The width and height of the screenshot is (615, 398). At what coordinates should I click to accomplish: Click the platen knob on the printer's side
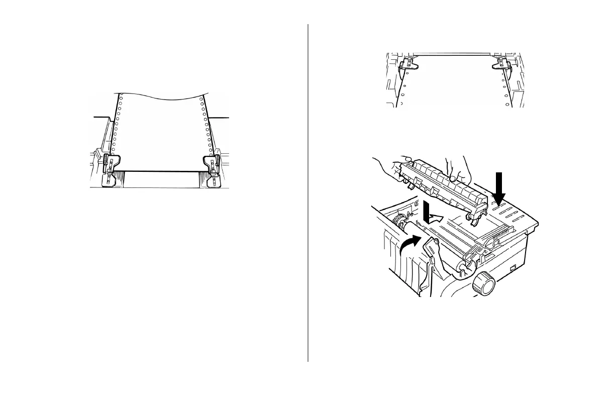point(483,285)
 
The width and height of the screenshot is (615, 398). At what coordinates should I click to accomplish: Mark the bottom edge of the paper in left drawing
point(161,171)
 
